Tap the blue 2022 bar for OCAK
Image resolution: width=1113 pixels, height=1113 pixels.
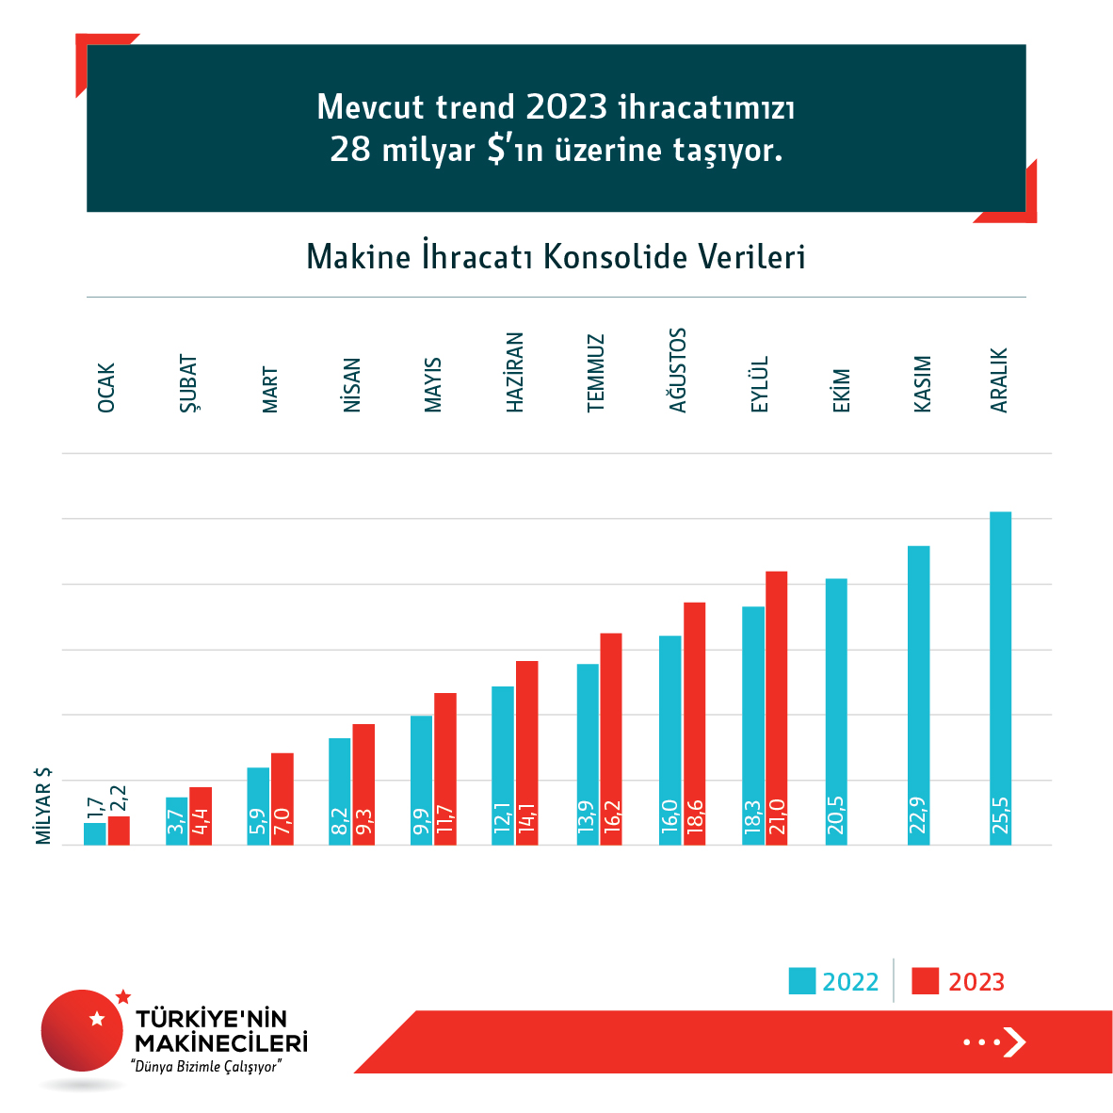[94, 833]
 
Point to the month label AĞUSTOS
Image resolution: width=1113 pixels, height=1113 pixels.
[678, 370]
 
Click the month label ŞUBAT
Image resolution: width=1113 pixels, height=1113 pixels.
[188, 383]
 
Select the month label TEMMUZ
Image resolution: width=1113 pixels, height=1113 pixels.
[596, 373]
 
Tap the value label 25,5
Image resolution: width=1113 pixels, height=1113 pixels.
[1000, 815]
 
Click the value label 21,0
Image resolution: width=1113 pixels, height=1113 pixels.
[777, 817]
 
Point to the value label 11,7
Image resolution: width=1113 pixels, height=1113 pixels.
[445, 817]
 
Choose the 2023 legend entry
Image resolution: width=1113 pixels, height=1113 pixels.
[960, 982]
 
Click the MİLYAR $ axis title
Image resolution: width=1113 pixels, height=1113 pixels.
[43, 805]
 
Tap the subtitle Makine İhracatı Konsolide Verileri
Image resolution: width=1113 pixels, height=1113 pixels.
[556, 257]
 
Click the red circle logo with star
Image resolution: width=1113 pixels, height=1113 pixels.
[83, 1030]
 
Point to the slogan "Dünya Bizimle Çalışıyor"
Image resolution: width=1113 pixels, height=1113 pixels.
[207, 1067]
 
